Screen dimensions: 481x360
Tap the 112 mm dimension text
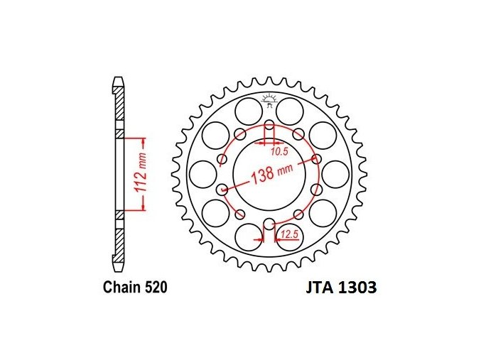click(141, 174)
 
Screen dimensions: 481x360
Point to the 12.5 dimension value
click(290, 234)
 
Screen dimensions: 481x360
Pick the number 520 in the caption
click(156, 288)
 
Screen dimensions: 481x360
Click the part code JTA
click(319, 288)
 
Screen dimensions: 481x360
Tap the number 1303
click(357, 288)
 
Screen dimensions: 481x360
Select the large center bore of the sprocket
click(269, 175)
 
